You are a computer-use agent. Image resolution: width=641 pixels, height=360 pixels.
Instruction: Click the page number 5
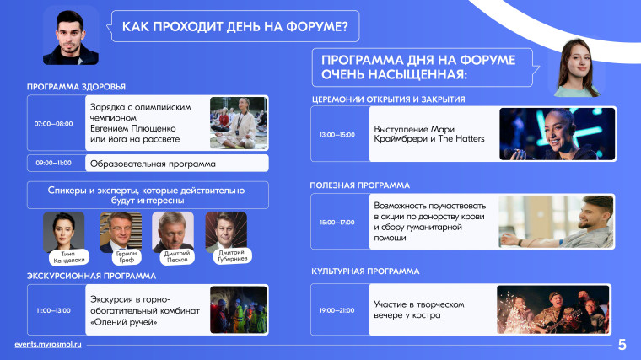click(x=622, y=345)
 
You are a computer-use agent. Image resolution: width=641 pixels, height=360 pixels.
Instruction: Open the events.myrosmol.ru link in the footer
click(x=48, y=344)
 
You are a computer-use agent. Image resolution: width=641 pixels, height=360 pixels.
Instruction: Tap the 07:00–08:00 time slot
click(x=53, y=124)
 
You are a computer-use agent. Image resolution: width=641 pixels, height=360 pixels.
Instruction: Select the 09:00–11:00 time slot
click(x=53, y=163)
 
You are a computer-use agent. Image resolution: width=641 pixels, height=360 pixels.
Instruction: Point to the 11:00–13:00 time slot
click(x=53, y=310)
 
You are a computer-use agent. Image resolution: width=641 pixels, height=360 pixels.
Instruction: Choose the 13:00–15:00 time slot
click(x=337, y=134)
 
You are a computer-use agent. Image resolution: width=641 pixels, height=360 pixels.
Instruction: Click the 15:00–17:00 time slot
click(x=337, y=223)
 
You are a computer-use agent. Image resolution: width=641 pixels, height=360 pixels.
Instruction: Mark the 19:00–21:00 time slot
click(x=337, y=310)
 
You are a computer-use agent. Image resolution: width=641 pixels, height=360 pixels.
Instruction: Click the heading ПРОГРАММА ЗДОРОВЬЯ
click(x=76, y=87)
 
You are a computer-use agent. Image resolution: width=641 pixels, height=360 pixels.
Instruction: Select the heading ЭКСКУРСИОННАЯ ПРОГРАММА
click(x=92, y=277)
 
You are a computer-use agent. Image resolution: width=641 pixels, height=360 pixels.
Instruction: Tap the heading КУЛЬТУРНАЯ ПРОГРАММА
click(x=365, y=271)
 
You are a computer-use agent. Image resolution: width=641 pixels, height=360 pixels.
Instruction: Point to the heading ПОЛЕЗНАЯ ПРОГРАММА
click(x=360, y=185)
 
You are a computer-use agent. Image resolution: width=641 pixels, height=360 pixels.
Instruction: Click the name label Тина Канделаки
click(x=68, y=257)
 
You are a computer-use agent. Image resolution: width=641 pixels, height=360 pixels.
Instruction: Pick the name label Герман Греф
click(x=127, y=256)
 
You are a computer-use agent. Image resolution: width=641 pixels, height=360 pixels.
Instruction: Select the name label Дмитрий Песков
click(x=177, y=256)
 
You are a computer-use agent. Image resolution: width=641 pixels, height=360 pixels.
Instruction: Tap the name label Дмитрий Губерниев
click(x=232, y=255)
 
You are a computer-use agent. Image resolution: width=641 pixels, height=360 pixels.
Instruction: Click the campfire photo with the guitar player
click(x=553, y=309)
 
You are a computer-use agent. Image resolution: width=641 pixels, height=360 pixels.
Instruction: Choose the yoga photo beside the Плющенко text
click(x=239, y=123)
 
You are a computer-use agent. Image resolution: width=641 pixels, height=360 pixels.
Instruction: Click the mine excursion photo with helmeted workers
click(x=239, y=309)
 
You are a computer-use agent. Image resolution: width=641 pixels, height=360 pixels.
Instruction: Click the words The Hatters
click(x=461, y=138)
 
